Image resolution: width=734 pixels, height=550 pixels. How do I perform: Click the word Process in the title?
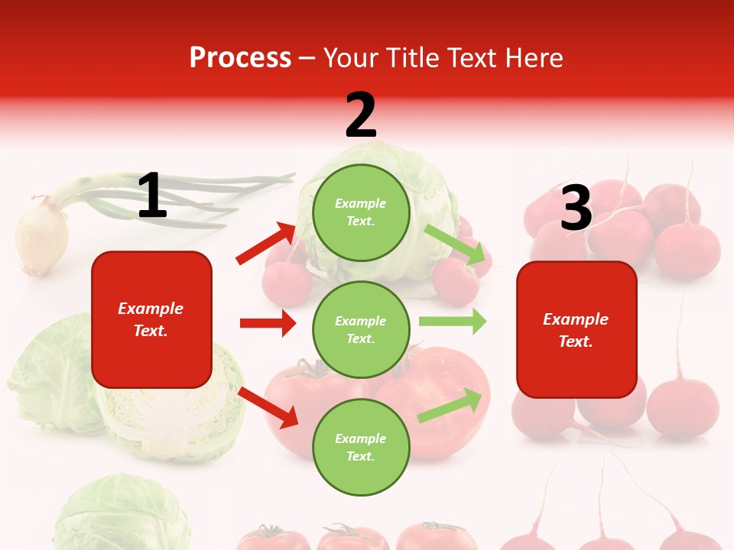pos(240,58)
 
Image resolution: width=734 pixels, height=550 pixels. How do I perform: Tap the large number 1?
pos(152,196)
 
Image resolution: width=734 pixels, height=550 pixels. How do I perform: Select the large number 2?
pos(361,115)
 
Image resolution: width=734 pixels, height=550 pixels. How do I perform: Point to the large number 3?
pos(576,208)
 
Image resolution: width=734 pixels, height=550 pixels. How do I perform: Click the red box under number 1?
pos(151,319)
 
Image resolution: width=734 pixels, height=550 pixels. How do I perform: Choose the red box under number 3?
pos(576,329)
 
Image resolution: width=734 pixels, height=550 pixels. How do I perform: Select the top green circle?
pos(361,212)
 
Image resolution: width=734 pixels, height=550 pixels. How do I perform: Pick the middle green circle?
pos(361,329)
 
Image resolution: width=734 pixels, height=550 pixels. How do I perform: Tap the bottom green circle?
pos(361,447)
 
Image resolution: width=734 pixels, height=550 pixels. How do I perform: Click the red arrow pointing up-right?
pos(266,244)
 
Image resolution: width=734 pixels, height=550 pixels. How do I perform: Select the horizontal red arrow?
pos(268,323)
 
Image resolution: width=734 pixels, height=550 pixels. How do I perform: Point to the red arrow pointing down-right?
pos(269,407)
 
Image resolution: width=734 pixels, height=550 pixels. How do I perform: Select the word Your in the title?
pos(350,58)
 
